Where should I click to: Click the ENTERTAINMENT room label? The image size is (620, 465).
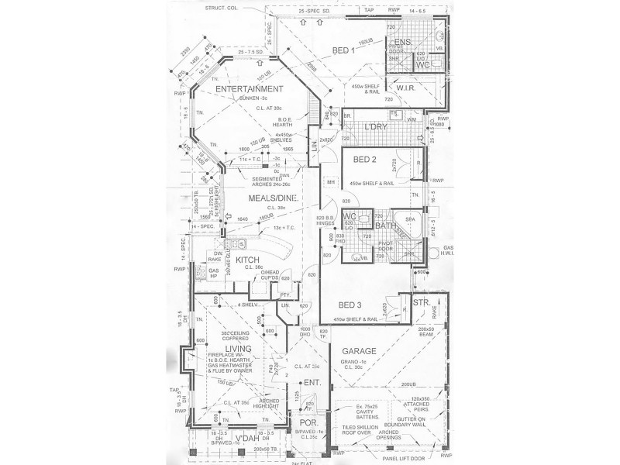tap(248, 89)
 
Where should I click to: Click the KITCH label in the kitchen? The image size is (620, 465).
tap(246, 260)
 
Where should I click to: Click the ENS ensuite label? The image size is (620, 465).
tap(402, 41)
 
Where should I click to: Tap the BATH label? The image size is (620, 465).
tap(386, 226)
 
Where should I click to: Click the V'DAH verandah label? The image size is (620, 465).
tap(246, 440)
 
